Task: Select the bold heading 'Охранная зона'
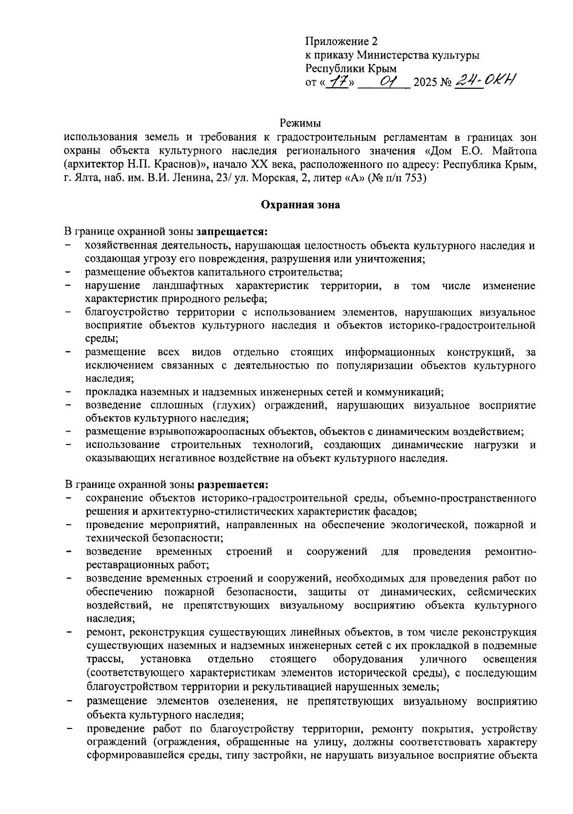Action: [300, 205]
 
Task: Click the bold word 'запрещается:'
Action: [232, 232]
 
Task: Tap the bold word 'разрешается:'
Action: [233, 485]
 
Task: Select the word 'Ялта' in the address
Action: [85, 179]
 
